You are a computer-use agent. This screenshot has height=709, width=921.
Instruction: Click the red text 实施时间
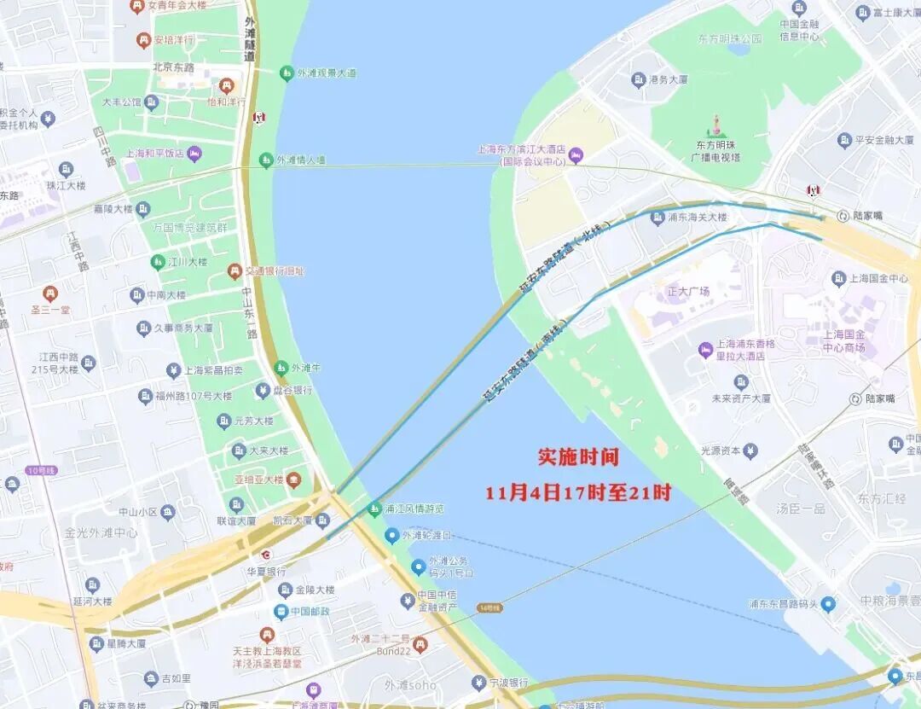tap(577, 457)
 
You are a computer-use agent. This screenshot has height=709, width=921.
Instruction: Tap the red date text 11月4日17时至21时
tap(578, 493)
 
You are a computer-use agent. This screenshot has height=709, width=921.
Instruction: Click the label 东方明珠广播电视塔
tap(717, 151)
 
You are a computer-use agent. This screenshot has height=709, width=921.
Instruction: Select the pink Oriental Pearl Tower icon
tap(717, 125)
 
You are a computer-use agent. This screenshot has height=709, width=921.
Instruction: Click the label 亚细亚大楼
tap(261, 479)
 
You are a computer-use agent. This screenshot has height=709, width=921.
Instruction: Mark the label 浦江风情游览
tap(414, 509)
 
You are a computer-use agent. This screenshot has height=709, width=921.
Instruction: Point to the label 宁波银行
tap(508, 683)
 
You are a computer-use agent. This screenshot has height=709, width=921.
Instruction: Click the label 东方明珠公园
tap(729, 38)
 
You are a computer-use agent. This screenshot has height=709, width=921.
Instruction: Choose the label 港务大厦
tap(668, 79)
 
